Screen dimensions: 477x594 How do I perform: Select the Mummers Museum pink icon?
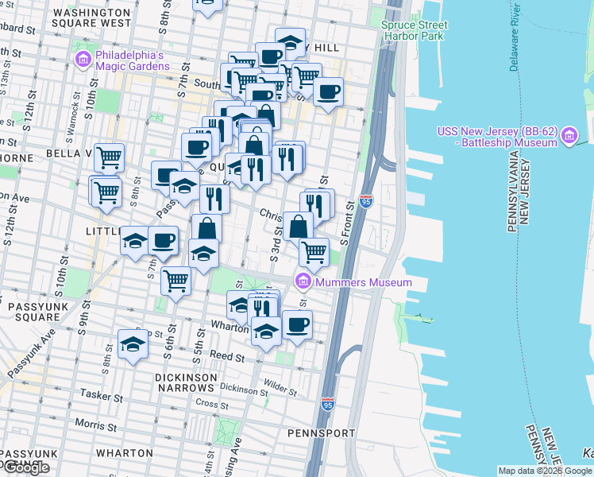pyautogui.click(x=303, y=281)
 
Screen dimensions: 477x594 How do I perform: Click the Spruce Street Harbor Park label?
pyautogui.click(x=415, y=30)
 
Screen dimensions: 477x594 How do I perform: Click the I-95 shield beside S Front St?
pyautogui.click(x=366, y=202)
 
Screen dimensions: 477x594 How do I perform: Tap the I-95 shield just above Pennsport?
pyautogui.click(x=328, y=405)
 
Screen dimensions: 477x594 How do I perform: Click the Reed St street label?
pyautogui.click(x=229, y=359)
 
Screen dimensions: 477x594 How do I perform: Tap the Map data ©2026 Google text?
pyautogui.click(x=545, y=471)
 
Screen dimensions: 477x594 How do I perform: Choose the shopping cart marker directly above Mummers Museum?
pyautogui.click(x=314, y=251)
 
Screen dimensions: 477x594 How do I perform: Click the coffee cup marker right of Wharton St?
pyautogui.click(x=297, y=324)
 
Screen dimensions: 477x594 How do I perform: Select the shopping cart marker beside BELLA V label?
pyautogui.click(x=109, y=156)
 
